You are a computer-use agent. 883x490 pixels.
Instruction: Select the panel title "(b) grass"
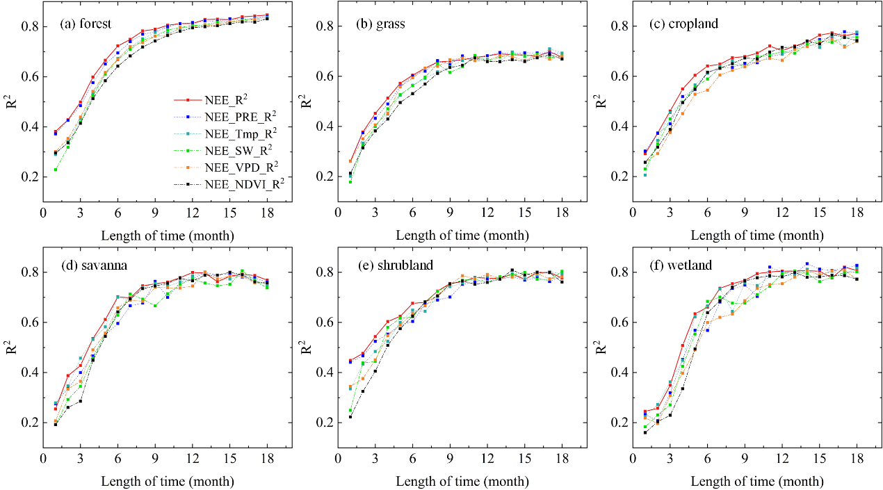pos(380,25)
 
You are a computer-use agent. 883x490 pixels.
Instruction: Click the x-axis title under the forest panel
pos(168,235)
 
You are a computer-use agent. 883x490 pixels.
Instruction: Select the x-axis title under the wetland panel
pos(757,481)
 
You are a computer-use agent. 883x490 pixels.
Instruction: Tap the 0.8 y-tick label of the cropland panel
pos(619,26)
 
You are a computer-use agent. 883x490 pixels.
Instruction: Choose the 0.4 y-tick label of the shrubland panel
pos(324,373)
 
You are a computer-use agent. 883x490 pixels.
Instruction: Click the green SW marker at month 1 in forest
pos(55,170)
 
